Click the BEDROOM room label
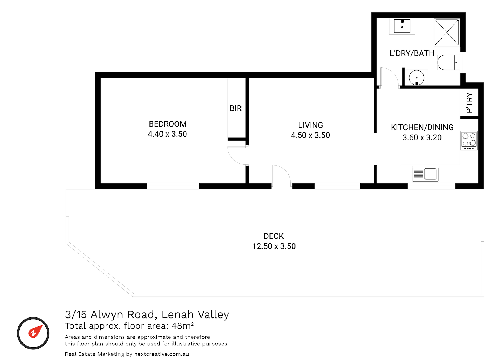pyautogui.click(x=168, y=124)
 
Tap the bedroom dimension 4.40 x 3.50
pyautogui.click(x=167, y=134)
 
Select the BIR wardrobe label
pyautogui.click(x=236, y=108)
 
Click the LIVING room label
pyautogui.click(x=310, y=125)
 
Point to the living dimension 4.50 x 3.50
pyautogui.click(x=310, y=135)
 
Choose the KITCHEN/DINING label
pyautogui.click(x=422, y=127)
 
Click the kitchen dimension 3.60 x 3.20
pyautogui.click(x=422, y=137)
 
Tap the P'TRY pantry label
pyautogui.click(x=469, y=103)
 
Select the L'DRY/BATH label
pyautogui.click(x=412, y=53)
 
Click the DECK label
pyautogui.click(x=274, y=236)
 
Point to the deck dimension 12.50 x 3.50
pyautogui.click(x=274, y=246)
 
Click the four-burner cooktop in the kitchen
pyautogui.click(x=469, y=141)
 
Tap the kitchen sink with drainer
pyautogui.click(x=425, y=174)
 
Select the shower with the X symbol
pyautogui.click(x=447, y=32)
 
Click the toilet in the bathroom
pyautogui.click(x=449, y=62)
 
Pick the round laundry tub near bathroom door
pyautogui.click(x=417, y=78)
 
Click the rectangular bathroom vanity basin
pyautogui.click(x=402, y=26)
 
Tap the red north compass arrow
pyautogui.click(x=35, y=331)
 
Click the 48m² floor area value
pyautogui.click(x=183, y=325)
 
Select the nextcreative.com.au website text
pyautogui.click(x=161, y=354)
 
